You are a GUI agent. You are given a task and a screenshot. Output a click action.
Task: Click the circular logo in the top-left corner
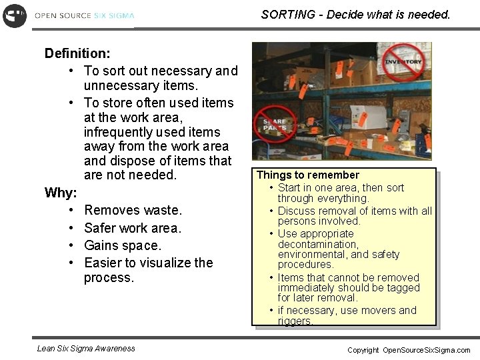(x=14, y=15)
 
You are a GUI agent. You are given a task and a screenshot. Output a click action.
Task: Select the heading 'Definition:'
(x=77, y=53)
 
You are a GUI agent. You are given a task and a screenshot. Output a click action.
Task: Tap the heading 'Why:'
(x=61, y=193)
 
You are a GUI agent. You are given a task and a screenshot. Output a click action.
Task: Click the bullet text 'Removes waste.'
(x=133, y=211)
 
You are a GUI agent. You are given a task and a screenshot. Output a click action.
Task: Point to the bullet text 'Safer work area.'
(x=133, y=228)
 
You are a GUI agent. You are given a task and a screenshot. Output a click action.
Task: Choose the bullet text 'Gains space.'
(x=123, y=245)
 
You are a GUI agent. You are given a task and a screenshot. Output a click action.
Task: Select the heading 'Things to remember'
(x=307, y=175)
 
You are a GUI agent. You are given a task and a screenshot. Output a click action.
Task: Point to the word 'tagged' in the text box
(x=403, y=288)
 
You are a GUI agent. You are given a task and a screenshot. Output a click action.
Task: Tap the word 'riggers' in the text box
(x=295, y=321)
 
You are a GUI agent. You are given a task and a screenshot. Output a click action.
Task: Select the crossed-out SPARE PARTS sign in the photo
(x=274, y=125)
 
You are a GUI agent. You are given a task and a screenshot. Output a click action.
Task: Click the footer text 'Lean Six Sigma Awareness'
(x=86, y=348)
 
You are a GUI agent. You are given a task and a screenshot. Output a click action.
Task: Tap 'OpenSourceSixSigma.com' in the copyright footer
(x=426, y=350)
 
